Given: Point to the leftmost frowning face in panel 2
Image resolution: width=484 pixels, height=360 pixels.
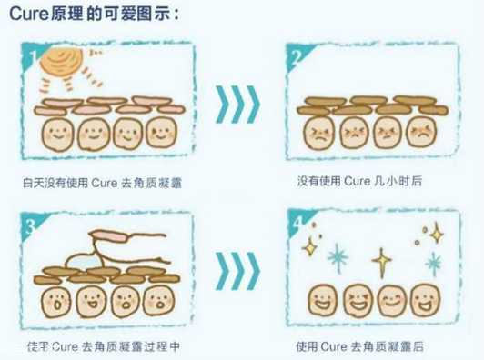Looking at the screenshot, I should click(x=319, y=135).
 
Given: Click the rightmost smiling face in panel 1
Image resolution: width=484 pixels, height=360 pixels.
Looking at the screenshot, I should click(x=160, y=135).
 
